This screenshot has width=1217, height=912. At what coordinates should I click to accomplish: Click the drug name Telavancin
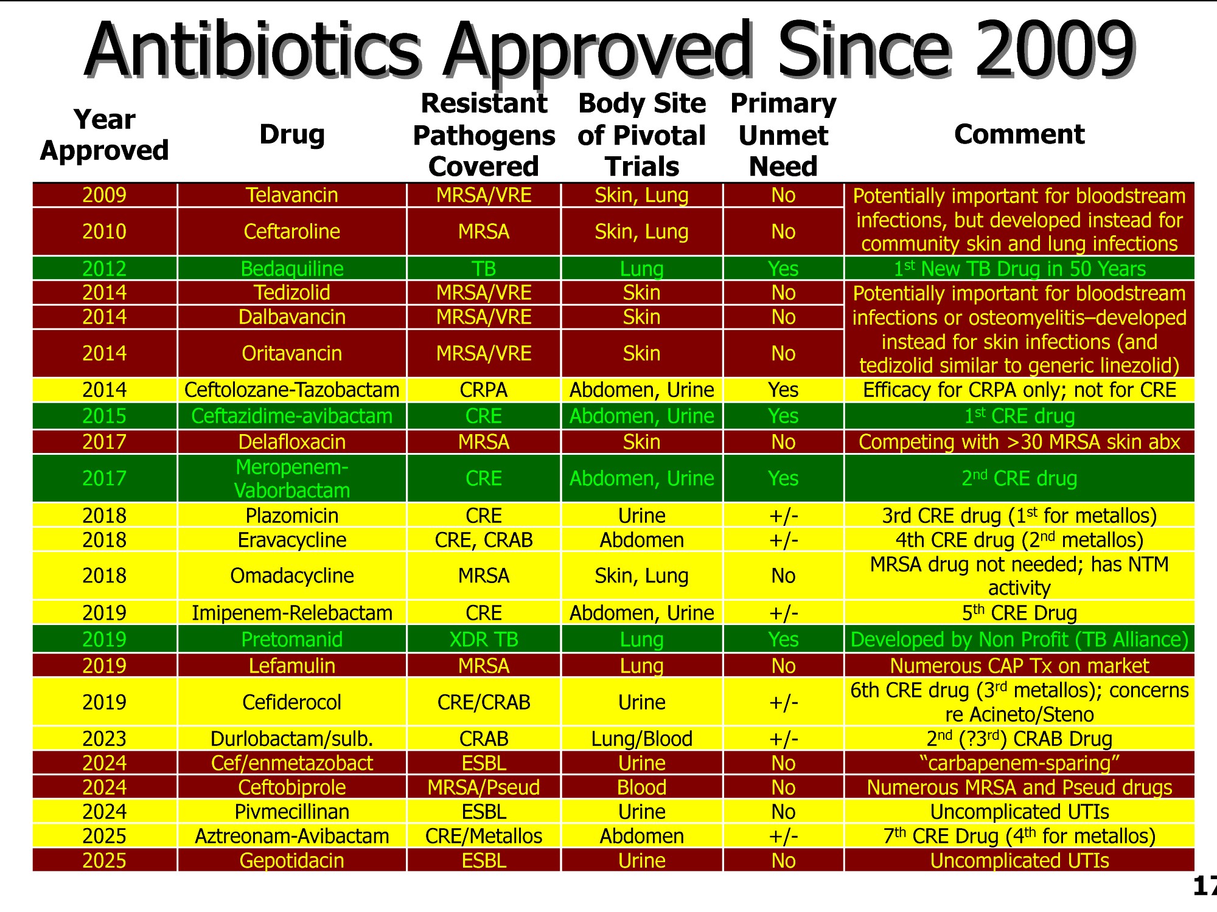tap(291, 195)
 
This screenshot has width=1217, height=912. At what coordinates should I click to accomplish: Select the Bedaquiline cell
tap(291, 269)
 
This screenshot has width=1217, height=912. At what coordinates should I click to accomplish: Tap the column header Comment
tap(1019, 134)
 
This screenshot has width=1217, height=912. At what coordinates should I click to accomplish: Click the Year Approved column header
tap(104, 135)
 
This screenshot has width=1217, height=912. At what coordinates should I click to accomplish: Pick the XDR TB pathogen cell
tap(484, 640)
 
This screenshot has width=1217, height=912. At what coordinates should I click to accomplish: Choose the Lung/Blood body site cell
tap(641, 739)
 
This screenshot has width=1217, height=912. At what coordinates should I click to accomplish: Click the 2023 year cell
tap(104, 739)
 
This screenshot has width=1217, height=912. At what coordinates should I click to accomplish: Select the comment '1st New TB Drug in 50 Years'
tap(1019, 269)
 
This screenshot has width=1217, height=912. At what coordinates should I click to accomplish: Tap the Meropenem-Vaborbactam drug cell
tap(291, 478)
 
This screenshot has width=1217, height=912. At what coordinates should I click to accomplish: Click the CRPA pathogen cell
tap(484, 390)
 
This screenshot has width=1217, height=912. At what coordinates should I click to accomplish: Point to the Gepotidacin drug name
tap(291, 861)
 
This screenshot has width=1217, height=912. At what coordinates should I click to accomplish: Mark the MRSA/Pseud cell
tap(484, 787)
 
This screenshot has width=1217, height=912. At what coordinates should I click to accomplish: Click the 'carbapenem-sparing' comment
tap(1019, 763)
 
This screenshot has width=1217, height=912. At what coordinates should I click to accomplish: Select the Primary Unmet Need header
tap(783, 135)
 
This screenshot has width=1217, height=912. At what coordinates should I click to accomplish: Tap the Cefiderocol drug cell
tap(291, 702)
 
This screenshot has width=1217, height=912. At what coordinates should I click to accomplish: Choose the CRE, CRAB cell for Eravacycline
tap(484, 540)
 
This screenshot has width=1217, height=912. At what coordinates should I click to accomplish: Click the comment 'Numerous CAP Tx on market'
tap(1019, 666)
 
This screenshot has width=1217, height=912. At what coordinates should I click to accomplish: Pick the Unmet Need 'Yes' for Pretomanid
tap(783, 640)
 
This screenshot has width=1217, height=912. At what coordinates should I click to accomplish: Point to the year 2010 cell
tap(104, 232)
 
